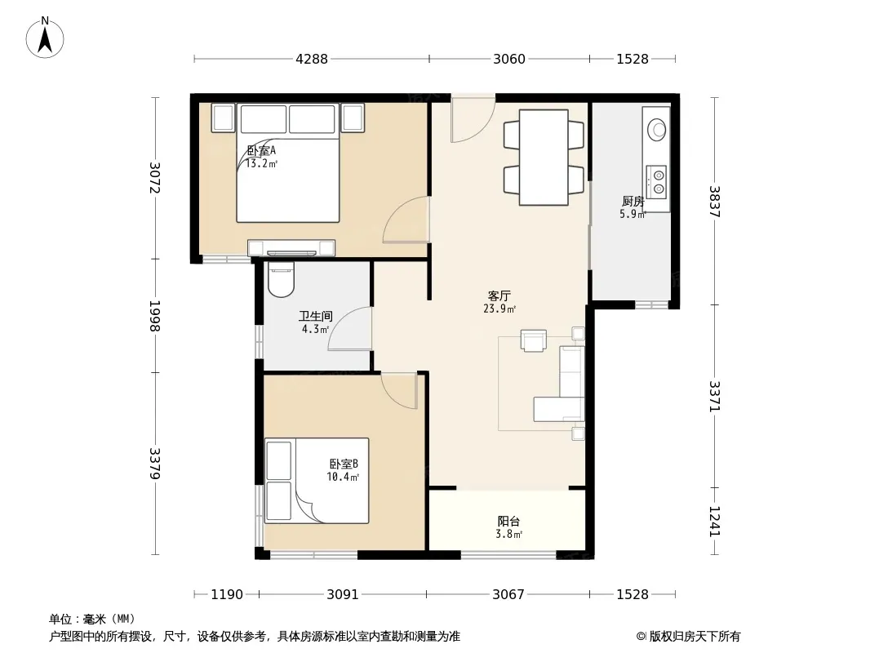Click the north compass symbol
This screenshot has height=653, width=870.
point(45,38)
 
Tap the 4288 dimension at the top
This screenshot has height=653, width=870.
point(312,59)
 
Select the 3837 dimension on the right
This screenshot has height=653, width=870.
point(715,202)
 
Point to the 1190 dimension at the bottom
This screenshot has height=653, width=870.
point(227,594)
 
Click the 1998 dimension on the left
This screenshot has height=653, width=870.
point(155,316)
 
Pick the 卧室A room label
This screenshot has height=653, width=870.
point(261,150)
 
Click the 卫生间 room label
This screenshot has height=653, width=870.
point(316,316)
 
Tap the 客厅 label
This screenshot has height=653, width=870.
point(499,295)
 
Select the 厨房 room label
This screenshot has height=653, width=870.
point(633,201)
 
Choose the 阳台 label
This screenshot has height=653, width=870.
point(508,521)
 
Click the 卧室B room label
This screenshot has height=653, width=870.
point(344,464)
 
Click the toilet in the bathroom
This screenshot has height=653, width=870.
point(282,280)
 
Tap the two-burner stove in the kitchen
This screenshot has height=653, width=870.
point(657,182)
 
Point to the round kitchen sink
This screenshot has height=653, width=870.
point(658,130)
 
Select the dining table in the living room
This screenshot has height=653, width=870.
point(544,158)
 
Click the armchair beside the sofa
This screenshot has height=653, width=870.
point(534,340)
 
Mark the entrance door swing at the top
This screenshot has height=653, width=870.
point(473,119)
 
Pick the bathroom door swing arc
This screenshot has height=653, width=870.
point(349,328)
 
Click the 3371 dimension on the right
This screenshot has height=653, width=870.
point(715,396)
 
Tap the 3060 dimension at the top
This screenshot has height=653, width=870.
point(509,59)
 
